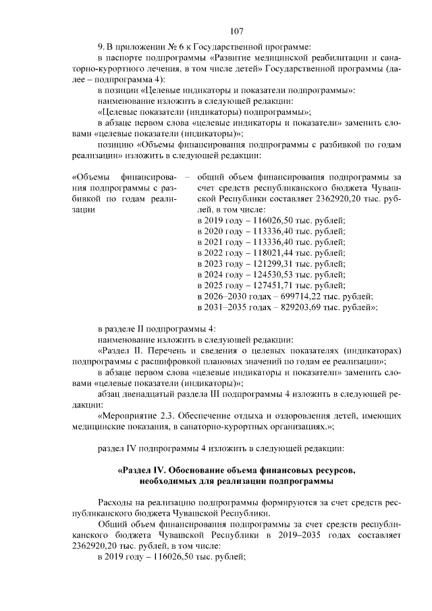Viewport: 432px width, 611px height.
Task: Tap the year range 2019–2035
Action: tap(310, 534)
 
